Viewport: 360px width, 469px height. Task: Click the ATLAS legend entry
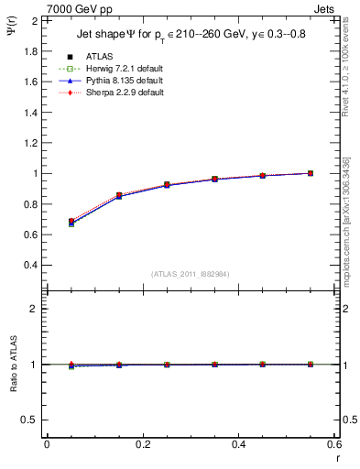coord(99,57)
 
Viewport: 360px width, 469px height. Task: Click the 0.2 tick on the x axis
coord(142,444)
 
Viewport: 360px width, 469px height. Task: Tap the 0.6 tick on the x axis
coord(333,444)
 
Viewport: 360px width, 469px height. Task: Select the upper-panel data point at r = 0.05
coord(71,222)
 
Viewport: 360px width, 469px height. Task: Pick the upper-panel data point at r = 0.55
coord(311,173)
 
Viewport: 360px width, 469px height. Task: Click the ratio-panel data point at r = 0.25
coord(167,365)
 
